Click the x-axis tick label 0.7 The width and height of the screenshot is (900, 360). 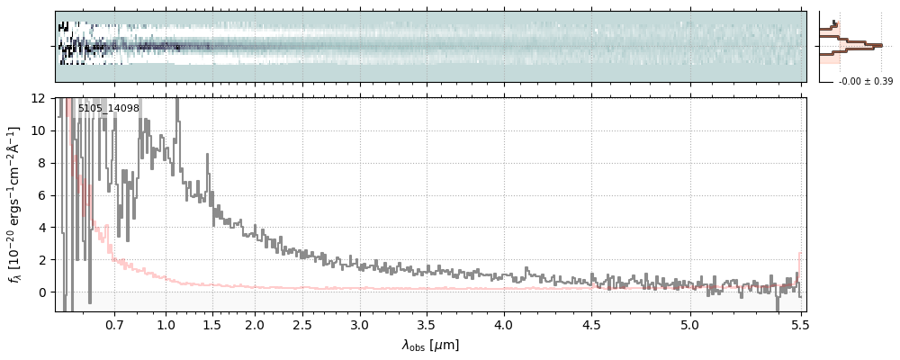coord(114,324)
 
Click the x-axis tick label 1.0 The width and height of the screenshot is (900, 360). coord(166,324)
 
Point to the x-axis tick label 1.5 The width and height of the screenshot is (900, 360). coord(212,324)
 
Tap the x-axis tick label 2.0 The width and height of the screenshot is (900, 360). coord(255,324)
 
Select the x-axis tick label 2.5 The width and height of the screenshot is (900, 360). coord(303,324)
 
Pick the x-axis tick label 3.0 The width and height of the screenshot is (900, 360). coord(360,324)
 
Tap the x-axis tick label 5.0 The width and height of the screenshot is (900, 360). coord(690,324)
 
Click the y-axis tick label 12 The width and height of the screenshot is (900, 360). coord(40,98)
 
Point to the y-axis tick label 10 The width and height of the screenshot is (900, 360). coord(40,130)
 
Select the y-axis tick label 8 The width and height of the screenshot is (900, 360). coord(42,163)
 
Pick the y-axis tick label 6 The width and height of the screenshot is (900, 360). coord(42,195)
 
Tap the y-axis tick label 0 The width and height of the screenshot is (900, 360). coord(42,292)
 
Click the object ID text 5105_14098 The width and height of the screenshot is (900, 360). coord(108,109)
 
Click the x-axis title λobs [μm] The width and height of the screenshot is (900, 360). coord(430,345)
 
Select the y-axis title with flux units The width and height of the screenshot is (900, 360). coord(15,204)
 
